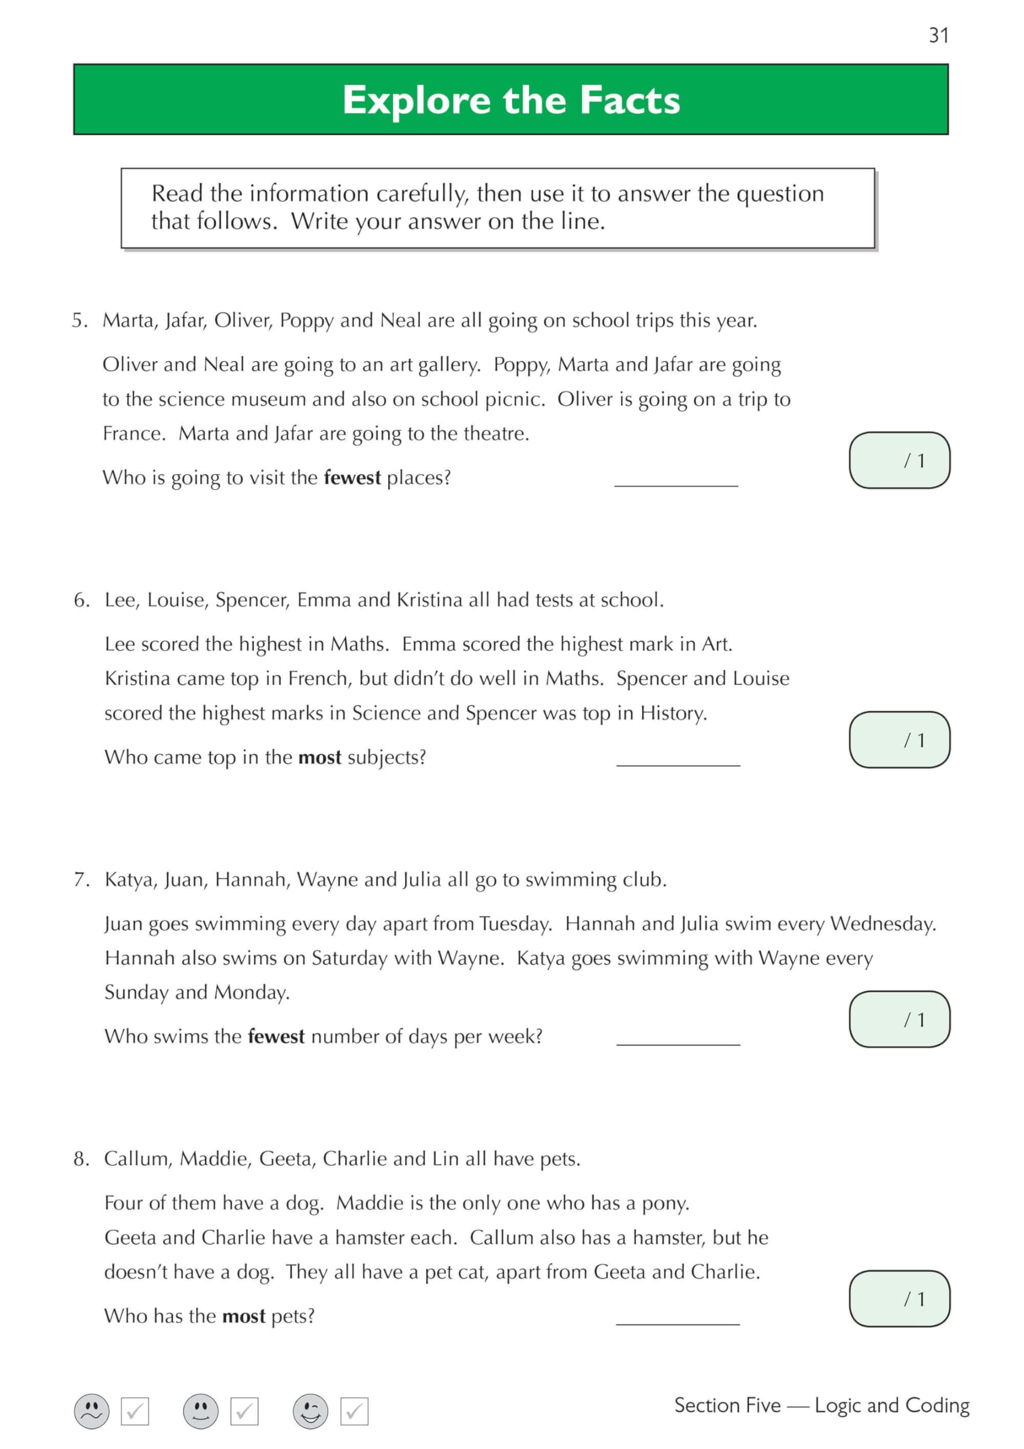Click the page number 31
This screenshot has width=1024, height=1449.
click(x=938, y=35)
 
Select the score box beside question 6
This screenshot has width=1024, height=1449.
click(x=899, y=740)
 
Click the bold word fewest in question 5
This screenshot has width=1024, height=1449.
click(x=351, y=478)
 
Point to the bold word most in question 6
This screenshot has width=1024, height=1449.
click(x=319, y=757)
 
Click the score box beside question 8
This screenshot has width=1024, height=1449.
click(x=899, y=1299)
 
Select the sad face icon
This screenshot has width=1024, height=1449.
click(x=92, y=1411)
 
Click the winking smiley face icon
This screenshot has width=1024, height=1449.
click(x=311, y=1411)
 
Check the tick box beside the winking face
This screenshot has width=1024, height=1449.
click(x=354, y=1411)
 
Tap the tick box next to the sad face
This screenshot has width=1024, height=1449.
click(x=135, y=1411)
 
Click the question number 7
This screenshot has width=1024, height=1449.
click(x=81, y=880)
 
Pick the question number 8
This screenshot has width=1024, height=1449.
click(x=81, y=1159)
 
